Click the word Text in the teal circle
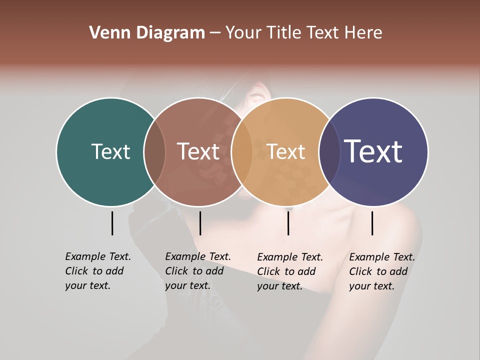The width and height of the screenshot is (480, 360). tap(110, 151)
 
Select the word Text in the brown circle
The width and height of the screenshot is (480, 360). tap(198, 151)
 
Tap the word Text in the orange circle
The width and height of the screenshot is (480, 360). tap(286, 151)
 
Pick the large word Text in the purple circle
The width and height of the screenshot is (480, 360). tap(373, 151)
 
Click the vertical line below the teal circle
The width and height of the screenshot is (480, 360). tap(112, 223)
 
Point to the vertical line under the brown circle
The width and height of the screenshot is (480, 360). tap(200, 223)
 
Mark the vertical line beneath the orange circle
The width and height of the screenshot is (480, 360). tap(288, 223)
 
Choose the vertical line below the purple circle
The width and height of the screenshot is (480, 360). tap(372, 223)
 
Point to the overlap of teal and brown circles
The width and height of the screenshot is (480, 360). tap(154, 151)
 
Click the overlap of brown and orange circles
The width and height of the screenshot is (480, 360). tap(242, 151)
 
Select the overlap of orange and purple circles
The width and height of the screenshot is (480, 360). tap(329, 151)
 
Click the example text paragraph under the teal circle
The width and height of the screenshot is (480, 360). tap(97, 271)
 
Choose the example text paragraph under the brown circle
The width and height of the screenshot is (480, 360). tap(197, 271)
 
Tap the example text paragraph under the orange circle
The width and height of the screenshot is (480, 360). tap(289, 271)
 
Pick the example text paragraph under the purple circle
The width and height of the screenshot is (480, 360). tap(381, 271)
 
